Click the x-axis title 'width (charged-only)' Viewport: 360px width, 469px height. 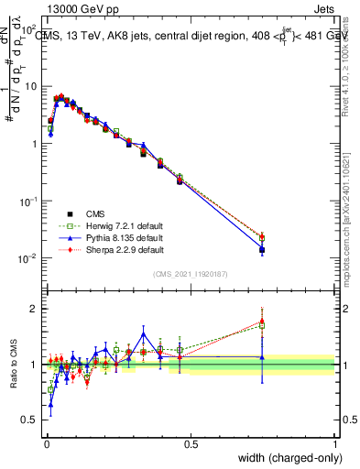click(284, 458)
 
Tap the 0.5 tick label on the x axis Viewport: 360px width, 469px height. click(191, 443)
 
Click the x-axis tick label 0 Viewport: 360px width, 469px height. click(47, 443)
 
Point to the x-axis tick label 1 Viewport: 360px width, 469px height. click(335, 443)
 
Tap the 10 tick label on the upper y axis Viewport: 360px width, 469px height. click(31, 86)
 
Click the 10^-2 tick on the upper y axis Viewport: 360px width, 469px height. click(29, 259)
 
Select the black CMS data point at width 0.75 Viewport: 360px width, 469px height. click(262, 249)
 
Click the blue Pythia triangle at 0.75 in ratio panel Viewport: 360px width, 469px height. click(262, 357)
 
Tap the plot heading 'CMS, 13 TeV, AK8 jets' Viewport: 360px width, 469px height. click(101, 37)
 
